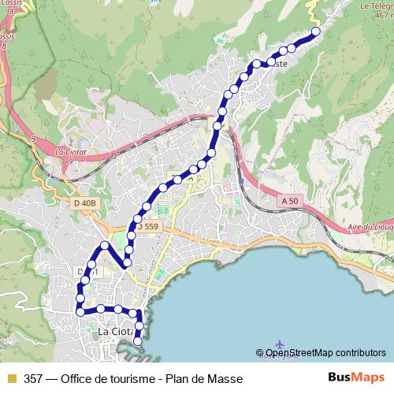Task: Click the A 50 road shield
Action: pyautogui.click(x=288, y=202)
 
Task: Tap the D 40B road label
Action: pyautogui.click(x=84, y=203)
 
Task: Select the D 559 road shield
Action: pyautogui.click(x=147, y=227)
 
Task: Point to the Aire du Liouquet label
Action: pyautogui.click(x=370, y=226)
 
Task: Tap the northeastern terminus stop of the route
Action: pyautogui.click(x=316, y=32)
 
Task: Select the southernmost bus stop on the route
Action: pyautogui.click(x=138, y=341)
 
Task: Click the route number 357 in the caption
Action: pyautogui.click(x=34, y=378)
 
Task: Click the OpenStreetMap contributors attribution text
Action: pyautogui.click(x=325, y=353)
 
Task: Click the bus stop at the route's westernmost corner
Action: pyautogui.click(x=80, y=312)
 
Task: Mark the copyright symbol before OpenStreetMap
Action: pyautogui.click(x=260, y=353)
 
